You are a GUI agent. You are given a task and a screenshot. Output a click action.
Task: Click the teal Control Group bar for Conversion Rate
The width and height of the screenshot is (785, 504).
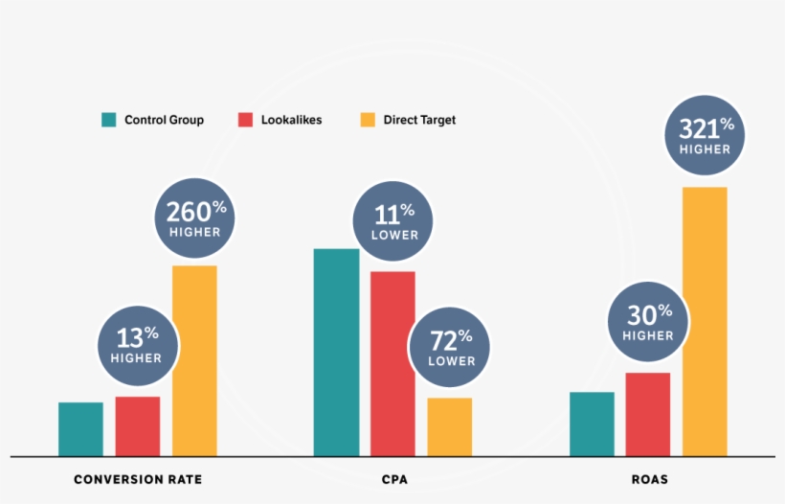point(80,429)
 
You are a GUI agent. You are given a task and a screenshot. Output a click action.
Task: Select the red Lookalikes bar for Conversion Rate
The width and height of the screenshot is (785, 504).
point(138,426)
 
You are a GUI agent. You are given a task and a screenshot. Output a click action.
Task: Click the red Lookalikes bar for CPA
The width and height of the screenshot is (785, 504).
point(392,363)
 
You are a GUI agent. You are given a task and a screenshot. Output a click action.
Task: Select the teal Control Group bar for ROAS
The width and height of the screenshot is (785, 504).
point(592,424)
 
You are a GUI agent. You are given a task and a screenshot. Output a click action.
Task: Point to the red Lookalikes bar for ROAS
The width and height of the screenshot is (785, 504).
point(648,414)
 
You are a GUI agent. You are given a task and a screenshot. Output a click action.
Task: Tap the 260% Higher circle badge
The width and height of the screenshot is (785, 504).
point(194,218)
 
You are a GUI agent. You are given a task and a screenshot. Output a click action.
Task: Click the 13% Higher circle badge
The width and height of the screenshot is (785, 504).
point(137,344)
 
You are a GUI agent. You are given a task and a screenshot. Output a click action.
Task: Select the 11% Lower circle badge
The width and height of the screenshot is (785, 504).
point(393,221)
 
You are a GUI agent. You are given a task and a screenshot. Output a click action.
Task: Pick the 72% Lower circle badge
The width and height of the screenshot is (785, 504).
point(450,346)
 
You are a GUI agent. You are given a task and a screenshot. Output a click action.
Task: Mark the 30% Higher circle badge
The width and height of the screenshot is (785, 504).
point(648,322)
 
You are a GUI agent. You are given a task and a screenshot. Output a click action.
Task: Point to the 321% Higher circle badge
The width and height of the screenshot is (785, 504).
point(705,135)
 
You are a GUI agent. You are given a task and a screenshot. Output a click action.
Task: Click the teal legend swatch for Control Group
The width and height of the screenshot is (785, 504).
point(109,120)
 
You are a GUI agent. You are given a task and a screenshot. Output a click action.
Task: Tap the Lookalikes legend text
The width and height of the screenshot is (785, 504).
point(291,120)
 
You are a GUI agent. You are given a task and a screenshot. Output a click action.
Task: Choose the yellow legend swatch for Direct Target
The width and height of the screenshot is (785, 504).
point(368,120)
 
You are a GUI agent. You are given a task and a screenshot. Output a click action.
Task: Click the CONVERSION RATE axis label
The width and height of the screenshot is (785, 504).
point(138,479)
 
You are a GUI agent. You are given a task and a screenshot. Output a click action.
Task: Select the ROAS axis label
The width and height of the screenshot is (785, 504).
point(648,479)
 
